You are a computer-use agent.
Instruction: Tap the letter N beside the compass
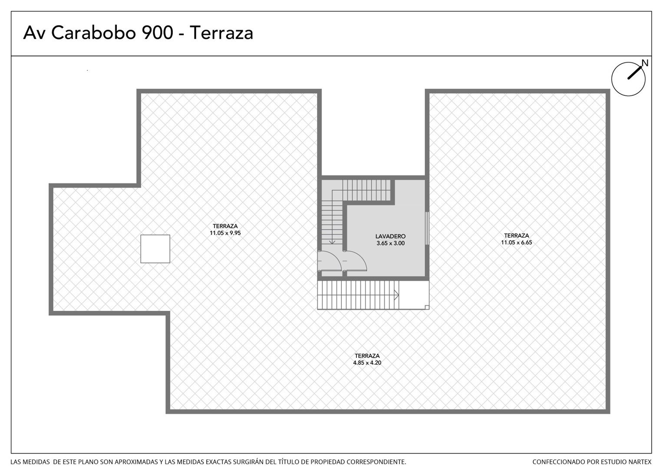click(645, 63)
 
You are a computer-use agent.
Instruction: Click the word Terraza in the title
click(221, 33)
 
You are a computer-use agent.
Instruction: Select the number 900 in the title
click(158, 33)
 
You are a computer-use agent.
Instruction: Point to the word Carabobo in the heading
click(93, 33)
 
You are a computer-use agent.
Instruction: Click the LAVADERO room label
click(390, 236)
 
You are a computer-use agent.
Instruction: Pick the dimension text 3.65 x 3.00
click(390, 243)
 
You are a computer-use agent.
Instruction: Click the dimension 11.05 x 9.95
click(225, 233)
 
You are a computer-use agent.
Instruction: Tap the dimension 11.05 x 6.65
click(517, 242)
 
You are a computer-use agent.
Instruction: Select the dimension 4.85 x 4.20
click(367, 363)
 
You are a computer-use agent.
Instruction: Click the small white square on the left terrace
click(155, 249)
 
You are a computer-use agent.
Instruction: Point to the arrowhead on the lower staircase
click(396, 295)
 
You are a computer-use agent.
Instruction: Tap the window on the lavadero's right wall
click(427, 228)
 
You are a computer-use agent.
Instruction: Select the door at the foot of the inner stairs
click(330, 261)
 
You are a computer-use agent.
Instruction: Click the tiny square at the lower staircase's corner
click(427, 307)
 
